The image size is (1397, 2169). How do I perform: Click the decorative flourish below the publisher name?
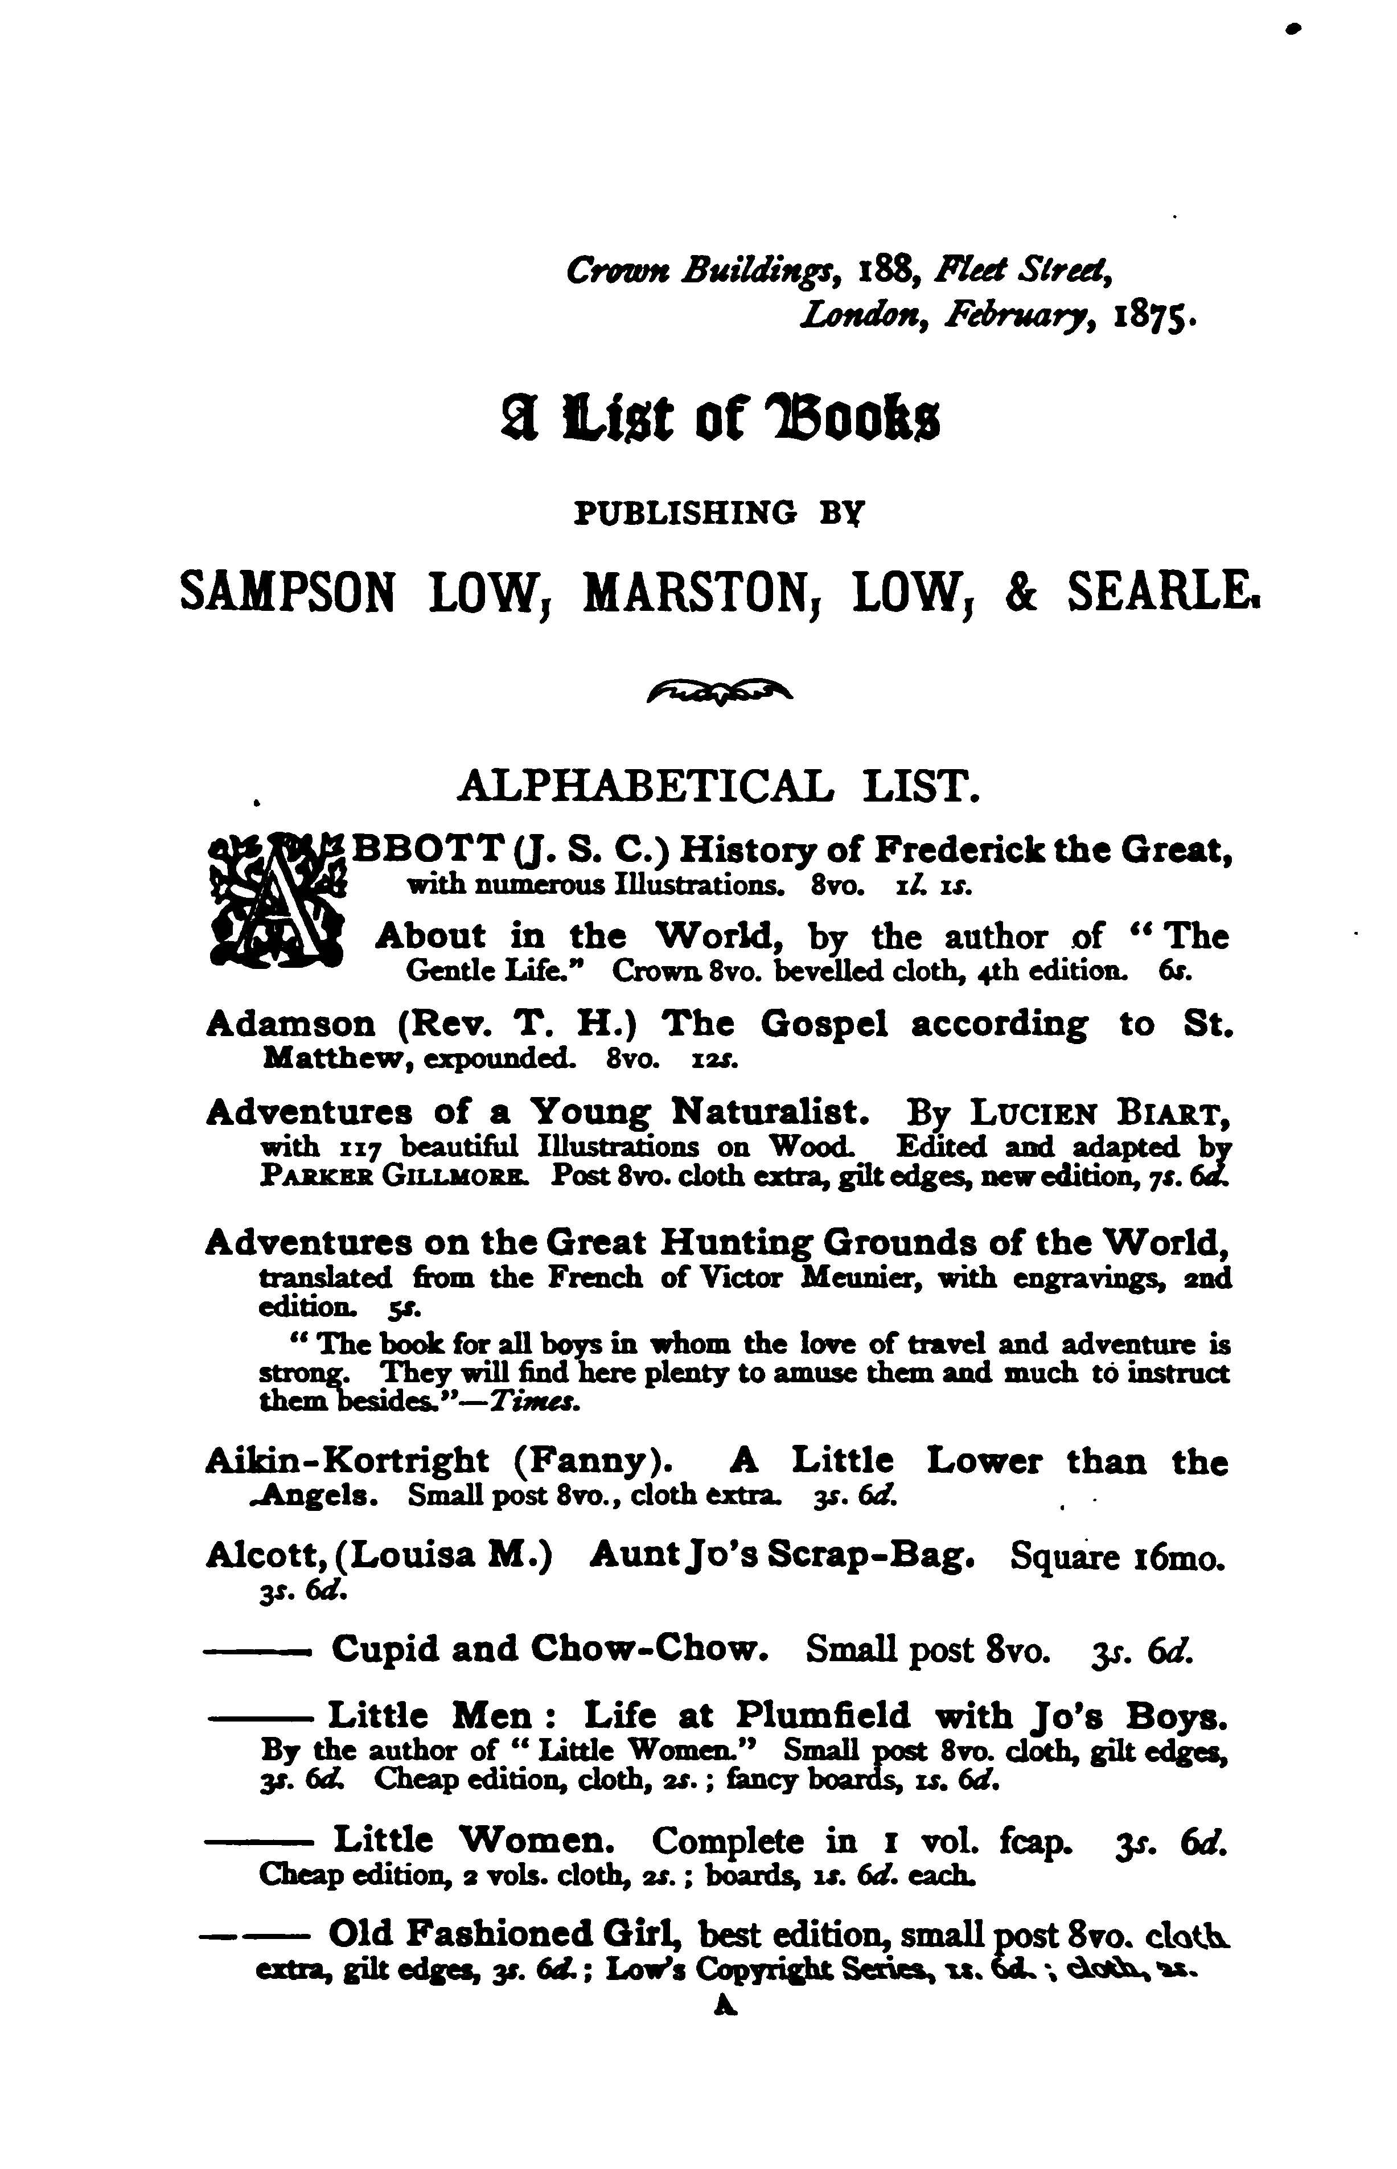pyautogui.click(x=720, y=693)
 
